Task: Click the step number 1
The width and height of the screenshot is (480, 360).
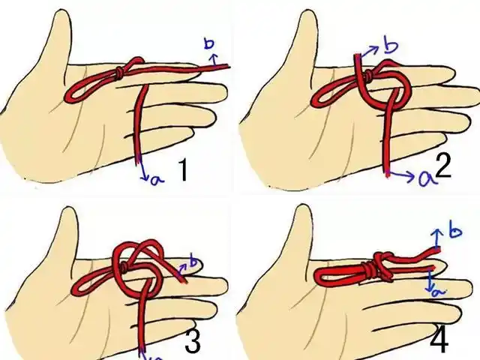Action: click(183, 171)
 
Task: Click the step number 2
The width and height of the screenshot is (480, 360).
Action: click(443, 168)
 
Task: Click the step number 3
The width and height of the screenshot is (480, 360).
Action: click(193, 340)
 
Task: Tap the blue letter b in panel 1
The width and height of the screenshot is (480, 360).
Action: click(209, 43)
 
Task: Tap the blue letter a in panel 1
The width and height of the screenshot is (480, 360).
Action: click(157, 180)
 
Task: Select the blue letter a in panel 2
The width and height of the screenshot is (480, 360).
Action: click(426, 178)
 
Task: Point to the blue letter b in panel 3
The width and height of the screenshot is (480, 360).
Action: click(194, 261)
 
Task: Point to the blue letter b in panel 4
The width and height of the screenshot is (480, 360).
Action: click(456, 232)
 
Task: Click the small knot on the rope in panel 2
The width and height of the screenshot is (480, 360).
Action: click(369, 74)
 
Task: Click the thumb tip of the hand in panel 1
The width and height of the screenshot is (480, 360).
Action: click(61, 12)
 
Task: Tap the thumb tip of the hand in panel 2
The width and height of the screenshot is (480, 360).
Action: click(304, 12)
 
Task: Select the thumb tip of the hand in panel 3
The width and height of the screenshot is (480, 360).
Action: click(68, 211)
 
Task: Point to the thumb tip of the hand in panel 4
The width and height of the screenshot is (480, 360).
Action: click(301, 208)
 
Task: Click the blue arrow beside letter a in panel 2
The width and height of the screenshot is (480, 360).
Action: click(402, 175)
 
